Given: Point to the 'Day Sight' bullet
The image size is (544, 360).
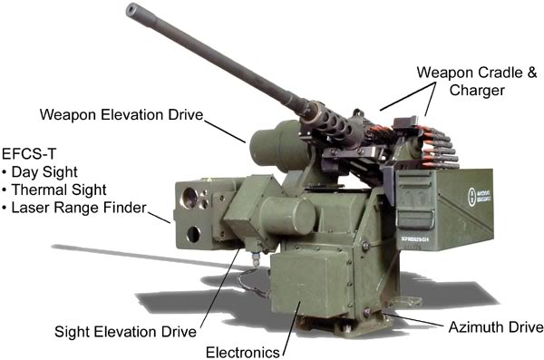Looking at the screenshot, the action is [x=40, y=170].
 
